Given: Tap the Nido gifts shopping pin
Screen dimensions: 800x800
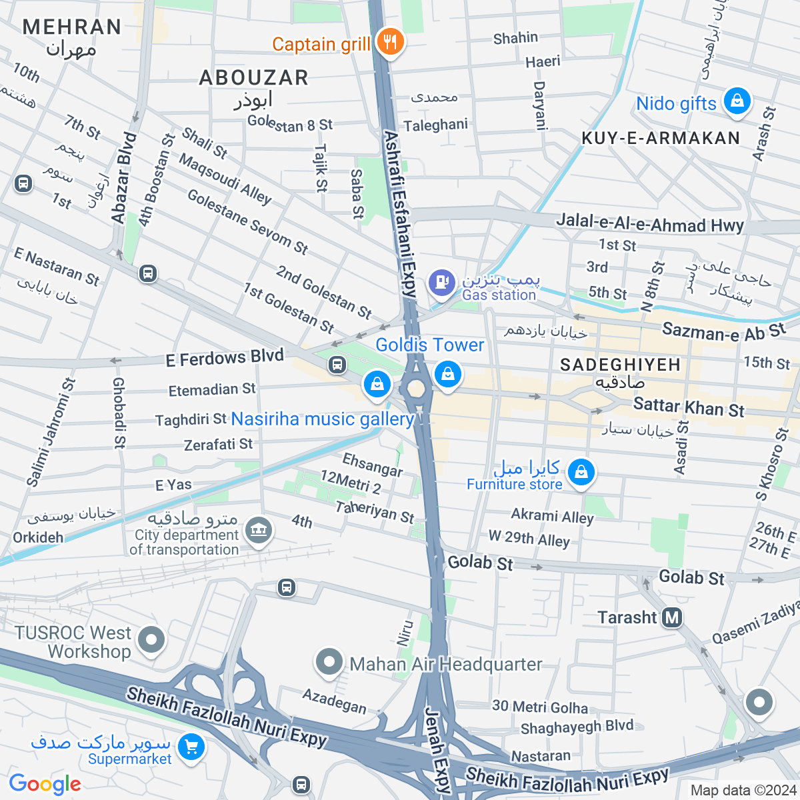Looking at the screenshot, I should (737, 102).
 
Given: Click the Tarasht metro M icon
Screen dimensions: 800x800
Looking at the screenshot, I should (672, 617).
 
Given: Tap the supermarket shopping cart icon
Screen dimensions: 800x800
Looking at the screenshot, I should (191, 747).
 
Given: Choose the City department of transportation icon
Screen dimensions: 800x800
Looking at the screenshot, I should (259, 531).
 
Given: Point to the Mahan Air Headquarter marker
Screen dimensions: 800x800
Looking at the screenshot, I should (329, 663).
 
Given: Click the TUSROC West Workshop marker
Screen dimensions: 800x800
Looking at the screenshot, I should (151, 640).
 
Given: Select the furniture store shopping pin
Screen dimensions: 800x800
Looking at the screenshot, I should (581, 473).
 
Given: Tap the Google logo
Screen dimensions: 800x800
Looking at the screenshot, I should (45, 784).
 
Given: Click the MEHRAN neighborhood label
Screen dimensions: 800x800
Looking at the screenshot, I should (72, 27).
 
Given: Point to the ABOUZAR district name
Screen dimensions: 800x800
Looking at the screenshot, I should (254, 78).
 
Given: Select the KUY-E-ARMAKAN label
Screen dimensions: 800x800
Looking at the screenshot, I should (661, 138).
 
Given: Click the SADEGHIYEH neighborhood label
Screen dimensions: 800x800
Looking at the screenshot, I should (620, 365).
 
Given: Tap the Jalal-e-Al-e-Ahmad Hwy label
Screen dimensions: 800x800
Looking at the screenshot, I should (650, 224).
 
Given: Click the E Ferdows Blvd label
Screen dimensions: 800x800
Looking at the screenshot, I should (225, 358).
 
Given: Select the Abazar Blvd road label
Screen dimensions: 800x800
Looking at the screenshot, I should (123, 178).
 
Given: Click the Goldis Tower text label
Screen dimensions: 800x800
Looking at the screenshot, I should (429, 345).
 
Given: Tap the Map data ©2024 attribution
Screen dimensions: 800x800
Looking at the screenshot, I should (743, 791).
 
